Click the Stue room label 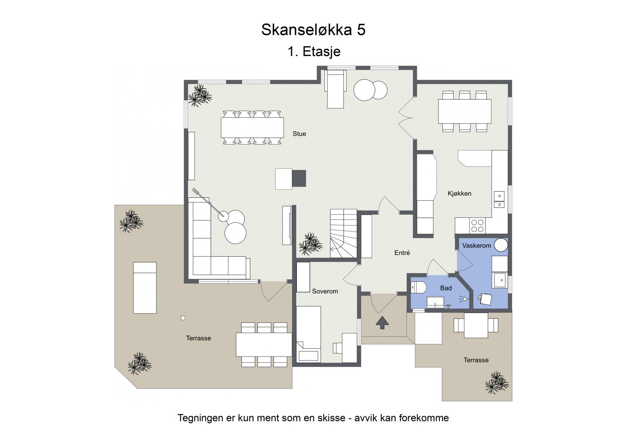pyautogui.click(x=299, y=134)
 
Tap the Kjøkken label pyautogui.click(x=459, y=194)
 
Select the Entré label pyautogui.click(x=402, y=253)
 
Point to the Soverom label pyautogui.click(x=325, y=291)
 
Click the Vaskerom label pyautogui.click(x=476, y=246)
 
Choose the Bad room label pyautogui.click(x=446, y=288)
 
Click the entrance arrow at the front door pyautogui.click(x=382, y=323)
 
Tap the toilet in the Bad pyautogui.click(x=418, y=288)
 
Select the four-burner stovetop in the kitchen pyautogui.click(x=477, y=226)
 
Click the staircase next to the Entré pyautogui.click(x=343, y=234)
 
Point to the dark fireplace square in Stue pyautogui.click(x=299, y=179)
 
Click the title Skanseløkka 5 pyautogui.click(x=313, y=30)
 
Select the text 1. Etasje pyautogui.click(x=314, y=51)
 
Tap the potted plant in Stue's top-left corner pyautogui.click(x=200, y=95)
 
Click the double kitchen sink pyautogui.click(x=499, y=199)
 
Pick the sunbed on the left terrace pyautogui.click(x=145, y=288)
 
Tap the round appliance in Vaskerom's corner pyautogui.click(x=501, y=245)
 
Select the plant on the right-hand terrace pyautogui.click(x=497, y=382)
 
